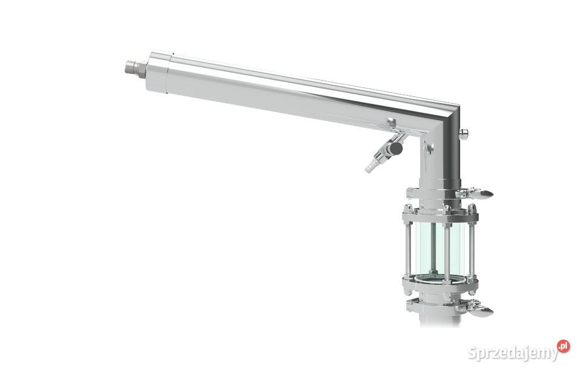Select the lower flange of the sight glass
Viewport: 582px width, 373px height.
tap(440, 283)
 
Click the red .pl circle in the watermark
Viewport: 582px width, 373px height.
tap(563, 346)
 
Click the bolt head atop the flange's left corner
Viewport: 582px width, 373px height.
tap(407, 207)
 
